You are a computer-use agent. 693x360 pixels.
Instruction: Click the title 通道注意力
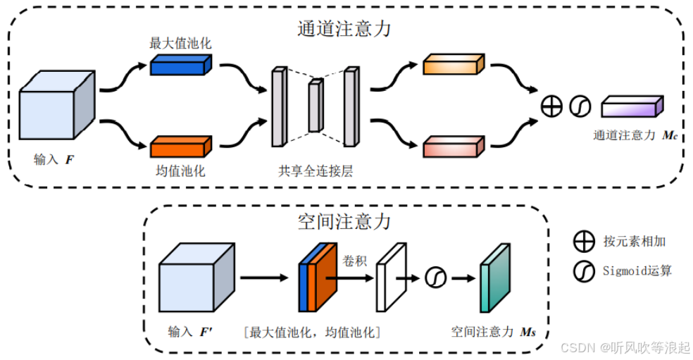(x=344, y=30)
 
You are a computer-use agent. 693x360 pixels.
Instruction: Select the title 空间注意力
(x=344, y=221)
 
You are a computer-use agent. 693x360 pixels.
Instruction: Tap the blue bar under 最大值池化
(x=180, y=66)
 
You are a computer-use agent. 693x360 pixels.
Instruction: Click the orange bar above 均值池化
(x=180, y=146)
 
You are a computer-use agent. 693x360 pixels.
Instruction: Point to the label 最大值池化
(x=180, y=44)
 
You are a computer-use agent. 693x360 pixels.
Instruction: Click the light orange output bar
(x=454, y=64)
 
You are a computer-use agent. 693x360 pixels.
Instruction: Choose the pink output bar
(x=454, y=146)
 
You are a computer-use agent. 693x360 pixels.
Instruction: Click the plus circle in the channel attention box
(x=552, y=106)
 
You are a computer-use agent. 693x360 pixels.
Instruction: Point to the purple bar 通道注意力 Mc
(x=632, y=107)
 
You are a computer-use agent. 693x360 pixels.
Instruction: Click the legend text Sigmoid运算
(x=637, y=271)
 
